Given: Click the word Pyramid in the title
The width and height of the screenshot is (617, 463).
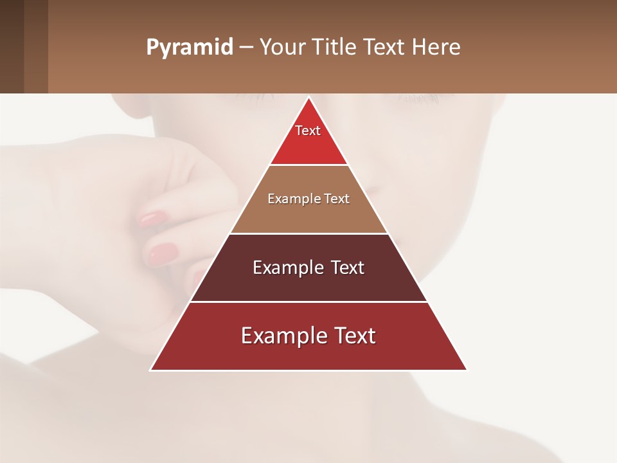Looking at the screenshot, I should click(189, 48).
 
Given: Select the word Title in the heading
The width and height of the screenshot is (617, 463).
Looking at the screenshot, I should click(335, 48).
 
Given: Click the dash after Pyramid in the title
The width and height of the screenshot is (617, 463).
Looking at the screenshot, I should click(246, 48).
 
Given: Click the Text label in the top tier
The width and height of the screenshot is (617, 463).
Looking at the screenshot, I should click(308, 131).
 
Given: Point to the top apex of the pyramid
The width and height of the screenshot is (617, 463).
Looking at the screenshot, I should click(308, 98).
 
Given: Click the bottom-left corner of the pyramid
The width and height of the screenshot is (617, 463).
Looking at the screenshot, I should click(151, 370).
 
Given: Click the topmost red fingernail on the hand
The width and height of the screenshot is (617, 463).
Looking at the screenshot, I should click(152, 219).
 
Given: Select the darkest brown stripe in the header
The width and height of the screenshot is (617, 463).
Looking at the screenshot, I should click(12, 46).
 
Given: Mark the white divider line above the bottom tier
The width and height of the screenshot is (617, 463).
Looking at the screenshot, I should click(308, 302).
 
